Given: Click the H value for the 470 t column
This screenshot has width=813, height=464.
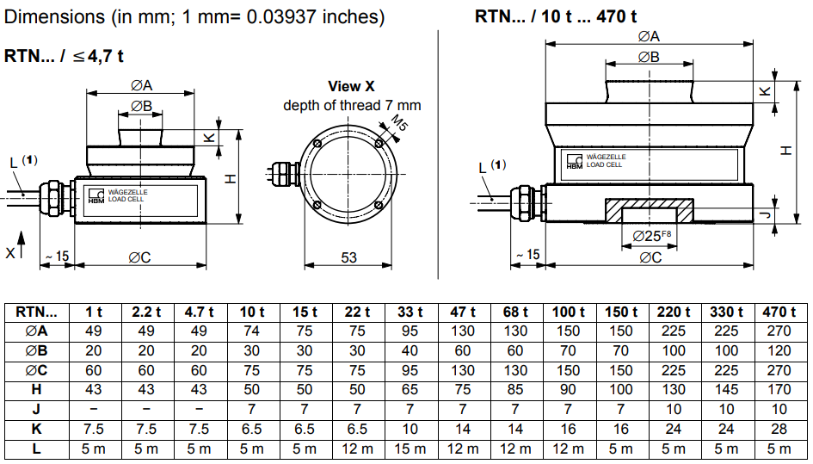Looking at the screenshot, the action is [779, 389].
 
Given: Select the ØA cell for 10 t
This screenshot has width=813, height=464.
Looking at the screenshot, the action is [251, 331].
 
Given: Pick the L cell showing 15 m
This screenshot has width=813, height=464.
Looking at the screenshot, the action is [410, 449].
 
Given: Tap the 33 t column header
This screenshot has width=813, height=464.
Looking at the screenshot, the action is [410, 312].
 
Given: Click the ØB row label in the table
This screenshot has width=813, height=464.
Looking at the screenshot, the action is [37, 351].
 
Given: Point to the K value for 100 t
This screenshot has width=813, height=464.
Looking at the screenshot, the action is [569, 430].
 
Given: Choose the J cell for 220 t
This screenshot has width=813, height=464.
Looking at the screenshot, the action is [674, 410].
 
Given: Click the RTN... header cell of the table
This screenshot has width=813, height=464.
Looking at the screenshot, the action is [36, 312].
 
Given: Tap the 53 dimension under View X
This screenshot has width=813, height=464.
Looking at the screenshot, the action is [348, 257].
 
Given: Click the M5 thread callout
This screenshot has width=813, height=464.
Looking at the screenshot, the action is [398, 124].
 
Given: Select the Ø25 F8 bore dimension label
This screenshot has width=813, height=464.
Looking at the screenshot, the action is [651, 236].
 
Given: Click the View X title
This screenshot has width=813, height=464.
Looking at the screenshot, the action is [352, 86].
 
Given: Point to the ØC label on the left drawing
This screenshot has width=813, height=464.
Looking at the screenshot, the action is [139, 257].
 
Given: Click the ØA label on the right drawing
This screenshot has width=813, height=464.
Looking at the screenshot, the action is [649, 36].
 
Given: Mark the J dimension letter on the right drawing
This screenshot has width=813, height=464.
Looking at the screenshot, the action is [769, 213].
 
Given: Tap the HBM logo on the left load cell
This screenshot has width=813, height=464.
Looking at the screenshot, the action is [95, 195].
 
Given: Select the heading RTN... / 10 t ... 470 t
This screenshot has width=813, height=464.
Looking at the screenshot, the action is [555, 16].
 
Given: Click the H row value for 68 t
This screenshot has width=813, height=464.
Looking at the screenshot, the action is [514, 389].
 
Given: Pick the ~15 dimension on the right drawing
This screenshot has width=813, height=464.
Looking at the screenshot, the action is [528, 255].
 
